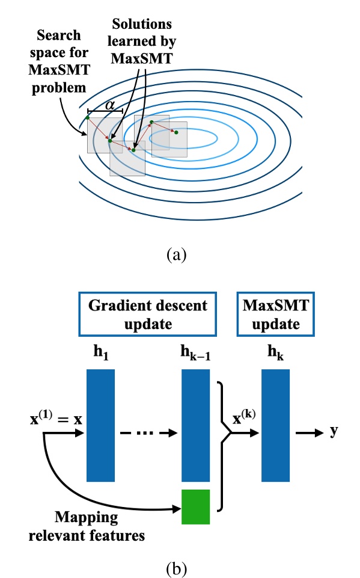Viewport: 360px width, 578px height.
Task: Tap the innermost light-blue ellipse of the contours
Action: click(x=184, y=138)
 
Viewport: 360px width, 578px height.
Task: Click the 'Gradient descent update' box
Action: click(x=147, y=315)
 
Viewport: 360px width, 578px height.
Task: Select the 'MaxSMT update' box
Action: click(x=275, y=315)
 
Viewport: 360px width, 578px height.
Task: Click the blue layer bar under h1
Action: click(x=100, y=425)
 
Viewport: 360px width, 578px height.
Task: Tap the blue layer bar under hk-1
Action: click(x=196, y=425)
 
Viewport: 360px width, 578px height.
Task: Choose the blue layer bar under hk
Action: click(x=276, y=425)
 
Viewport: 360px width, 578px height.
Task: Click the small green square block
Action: click(x=196, y=507)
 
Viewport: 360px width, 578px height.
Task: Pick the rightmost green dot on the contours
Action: click(x=176, y=132)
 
